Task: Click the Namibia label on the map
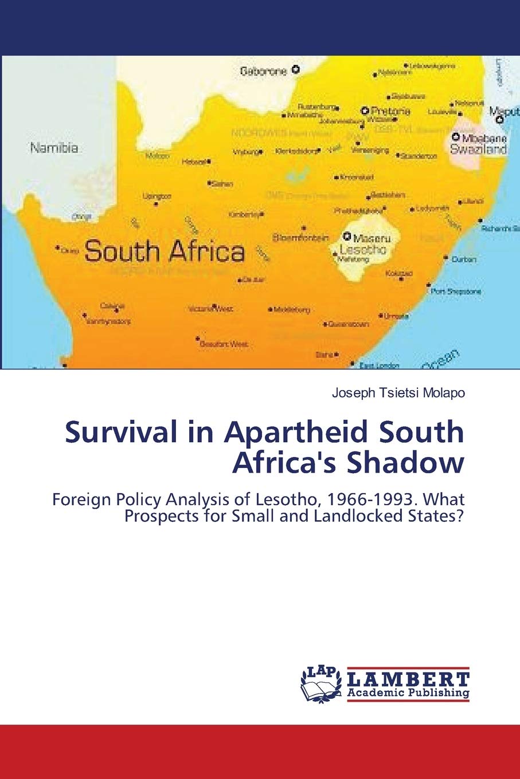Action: pos(54,148)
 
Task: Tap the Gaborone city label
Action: pos(263,72)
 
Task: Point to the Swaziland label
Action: pos(479,149)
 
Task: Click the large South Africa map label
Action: pos(165,251)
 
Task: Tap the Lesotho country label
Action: pos(363,250)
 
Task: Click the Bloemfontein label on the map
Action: pos(301,237)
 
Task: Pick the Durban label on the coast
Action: pos(464,259)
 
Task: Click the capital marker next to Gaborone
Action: pos(296,70)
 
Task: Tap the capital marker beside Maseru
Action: pos(347,235)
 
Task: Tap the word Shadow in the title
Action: pos(405,463)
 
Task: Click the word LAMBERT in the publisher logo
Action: pos(408,679)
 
